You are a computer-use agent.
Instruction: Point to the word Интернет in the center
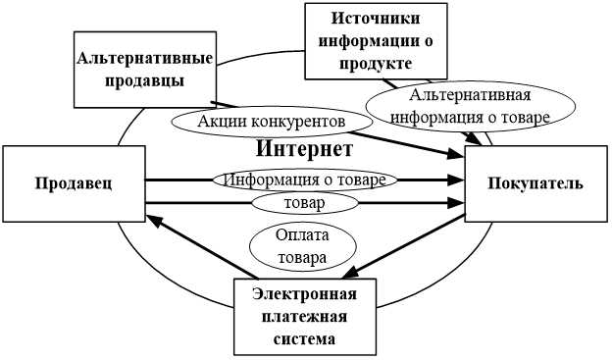tap(303, 150)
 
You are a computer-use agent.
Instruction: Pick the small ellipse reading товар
tap(303, 203)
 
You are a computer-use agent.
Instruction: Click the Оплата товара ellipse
tap(301, 246)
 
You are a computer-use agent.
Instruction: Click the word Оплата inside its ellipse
tap(301, 236)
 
